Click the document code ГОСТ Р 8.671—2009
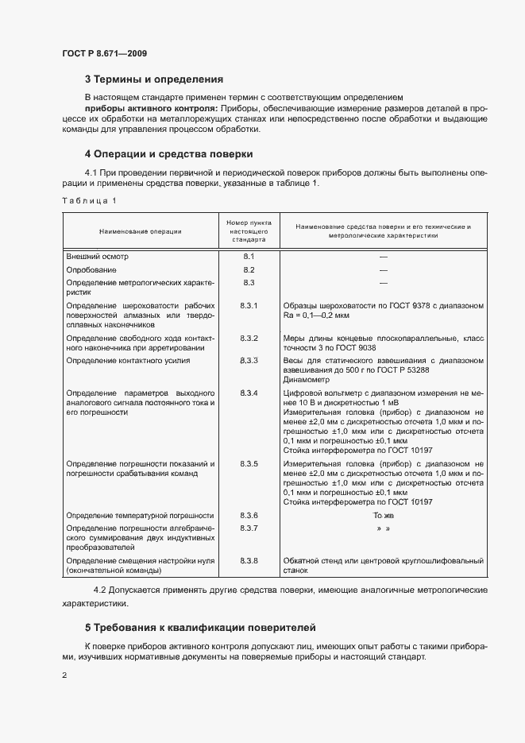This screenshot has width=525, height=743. tap(104, 53)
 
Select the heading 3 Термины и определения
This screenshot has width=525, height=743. tap(153, 79)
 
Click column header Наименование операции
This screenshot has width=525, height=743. tap(140, 231)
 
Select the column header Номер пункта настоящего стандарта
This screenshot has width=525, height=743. tap(248, 231)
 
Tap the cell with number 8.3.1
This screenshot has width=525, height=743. tap(249, 305)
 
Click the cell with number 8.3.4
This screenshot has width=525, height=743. tap(249, 393)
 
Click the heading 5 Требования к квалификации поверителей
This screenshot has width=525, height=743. tap(200, 627)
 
